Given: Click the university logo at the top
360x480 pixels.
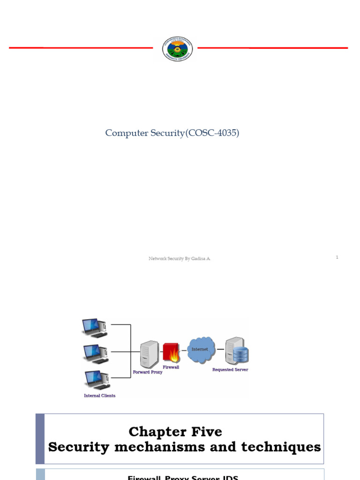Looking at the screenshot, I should [x=177, y=49].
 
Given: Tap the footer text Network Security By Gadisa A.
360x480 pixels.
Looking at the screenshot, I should [x=180, y=258].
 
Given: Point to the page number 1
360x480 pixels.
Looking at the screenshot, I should [x=337, y=257].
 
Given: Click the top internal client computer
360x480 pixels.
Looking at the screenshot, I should [x=94, y=328].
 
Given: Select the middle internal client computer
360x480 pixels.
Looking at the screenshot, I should [x=95, y=353].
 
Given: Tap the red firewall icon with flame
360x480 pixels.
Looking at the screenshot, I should [x=171, y=352].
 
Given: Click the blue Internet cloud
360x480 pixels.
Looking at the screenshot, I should [x=201, y=350].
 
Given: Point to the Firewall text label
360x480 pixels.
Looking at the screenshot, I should [x=171, y=367].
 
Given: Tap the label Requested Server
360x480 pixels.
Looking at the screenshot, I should [x=230, y=370].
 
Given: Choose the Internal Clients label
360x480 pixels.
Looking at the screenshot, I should [x=99, y=396].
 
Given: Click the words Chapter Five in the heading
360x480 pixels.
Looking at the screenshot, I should [x=175, y=431].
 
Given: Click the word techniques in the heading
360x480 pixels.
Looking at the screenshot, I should [x=281, y=447].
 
